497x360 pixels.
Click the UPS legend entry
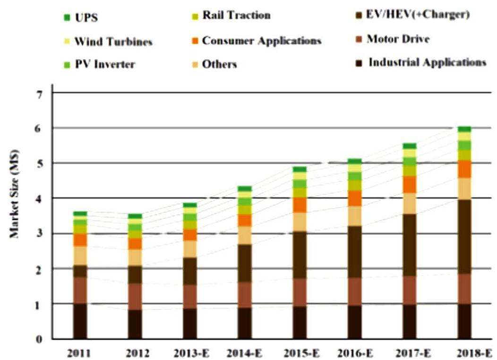click(78, 19)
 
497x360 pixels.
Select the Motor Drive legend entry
click(398, 39)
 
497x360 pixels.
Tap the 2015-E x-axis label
click(299, 352)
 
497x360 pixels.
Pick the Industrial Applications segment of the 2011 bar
click(80, 321)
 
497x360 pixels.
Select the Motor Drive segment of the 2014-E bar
click(245, 295)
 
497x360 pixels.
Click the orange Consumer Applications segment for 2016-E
click(354, 198)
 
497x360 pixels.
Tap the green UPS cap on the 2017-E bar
click(409, 146)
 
